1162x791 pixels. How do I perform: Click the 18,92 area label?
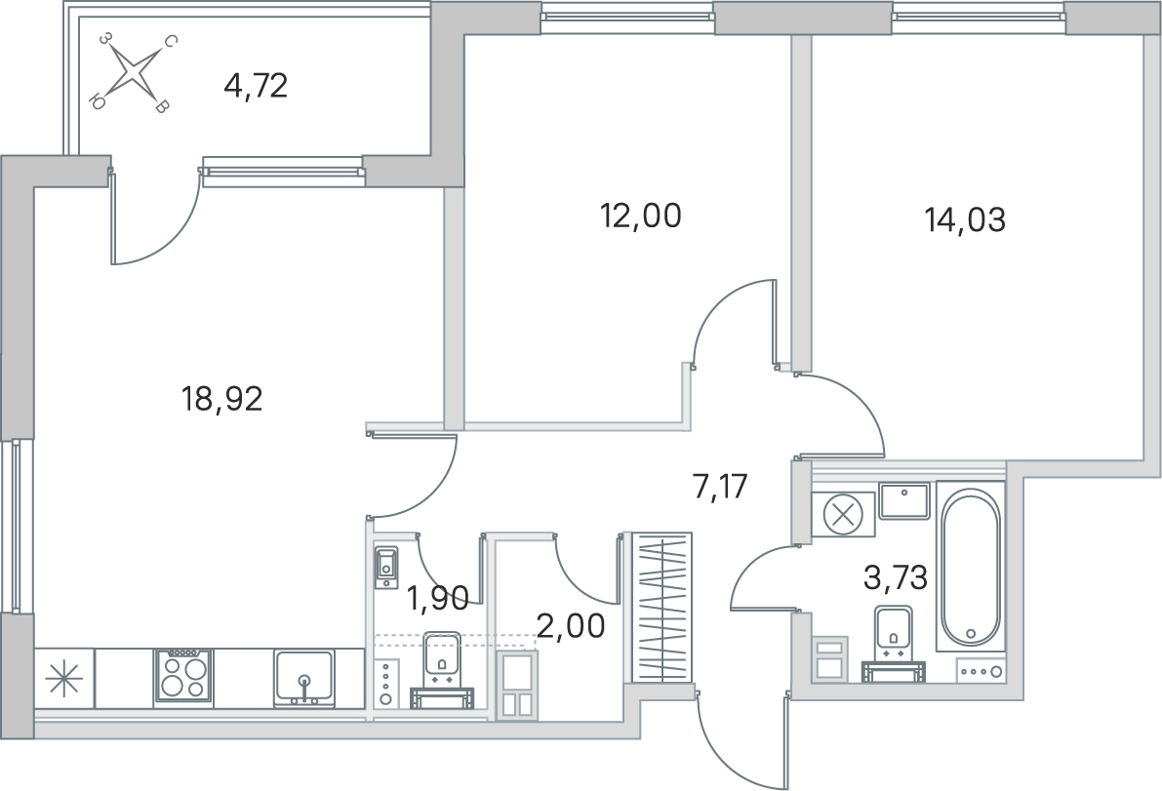pyautogui.click(x=222, y=401)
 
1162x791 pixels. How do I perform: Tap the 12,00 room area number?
pyautogui.click(x=640, y=216)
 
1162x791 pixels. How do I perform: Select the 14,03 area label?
pyautogui.click(x=965, y=219)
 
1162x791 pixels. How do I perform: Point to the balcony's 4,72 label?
pyautogui.click(x=255, y=87)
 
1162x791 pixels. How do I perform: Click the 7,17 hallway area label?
pyautogui.click(x=720, y=488)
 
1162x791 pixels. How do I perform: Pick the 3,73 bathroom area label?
pyautogui.click(x=896, y=577)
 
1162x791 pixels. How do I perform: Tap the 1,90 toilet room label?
pyautogui.click(x=438, y=597)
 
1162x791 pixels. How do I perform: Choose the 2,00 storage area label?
pyautogui.click(x=571, y=626)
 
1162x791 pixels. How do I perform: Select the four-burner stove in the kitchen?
pyautogui.click(x=183, y=677)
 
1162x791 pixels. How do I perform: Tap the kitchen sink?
pyautogui.click(x=303, y=677)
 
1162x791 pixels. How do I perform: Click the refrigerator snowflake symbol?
pyautogui.click(x=64, y=678)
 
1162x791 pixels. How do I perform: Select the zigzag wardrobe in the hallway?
pyautogui.click(x=661, y=608)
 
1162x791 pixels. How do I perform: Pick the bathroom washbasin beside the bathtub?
pyautogui.click(x=904, y=500)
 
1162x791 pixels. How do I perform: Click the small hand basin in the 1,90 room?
pyautogui.click(x=386, y=567)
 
